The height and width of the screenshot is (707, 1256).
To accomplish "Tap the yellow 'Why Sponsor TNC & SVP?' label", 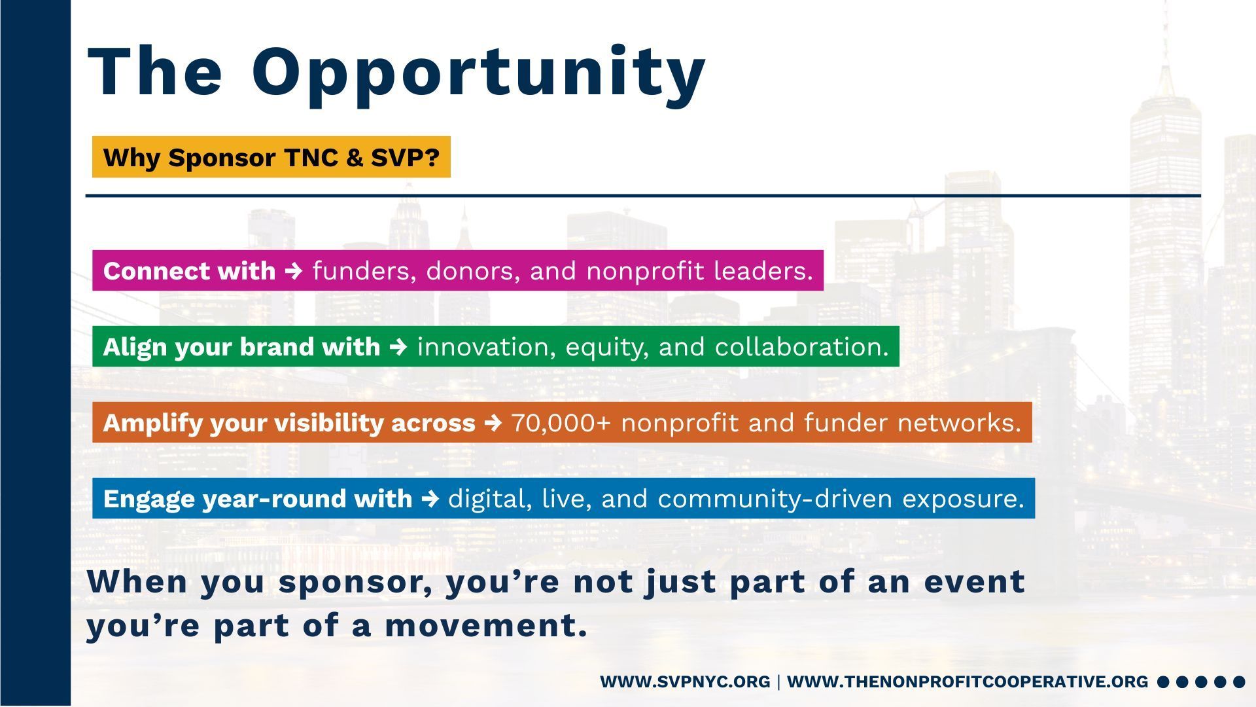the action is click(271, 157).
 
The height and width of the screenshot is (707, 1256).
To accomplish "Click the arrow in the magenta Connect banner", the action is click(294, 271).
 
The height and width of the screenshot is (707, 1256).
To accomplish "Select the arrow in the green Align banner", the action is click(398, 347).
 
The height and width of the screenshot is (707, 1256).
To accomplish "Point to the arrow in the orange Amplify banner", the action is click(493, 423).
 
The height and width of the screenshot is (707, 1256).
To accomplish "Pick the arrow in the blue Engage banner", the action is click(430, 499).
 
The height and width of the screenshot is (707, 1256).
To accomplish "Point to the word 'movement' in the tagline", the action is click(486, 626).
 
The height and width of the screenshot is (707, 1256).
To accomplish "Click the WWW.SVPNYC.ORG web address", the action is click(685, 681).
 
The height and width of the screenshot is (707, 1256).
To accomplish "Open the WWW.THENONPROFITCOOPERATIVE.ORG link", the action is click(968, 681).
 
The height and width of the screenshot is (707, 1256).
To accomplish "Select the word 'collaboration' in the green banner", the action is click(801, 347).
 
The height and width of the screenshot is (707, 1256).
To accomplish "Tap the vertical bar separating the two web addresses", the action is click(778, 682).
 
